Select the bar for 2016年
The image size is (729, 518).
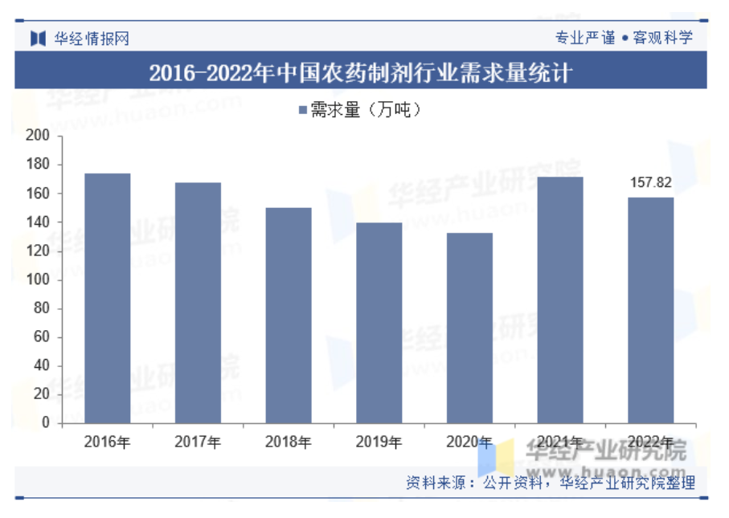[108, 298]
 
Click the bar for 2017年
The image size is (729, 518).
[198, 303]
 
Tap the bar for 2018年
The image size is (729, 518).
[289, 315]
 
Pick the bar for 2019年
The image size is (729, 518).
[379, 322]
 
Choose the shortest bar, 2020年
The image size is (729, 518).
[469, 328]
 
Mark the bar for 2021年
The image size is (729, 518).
[560, 300]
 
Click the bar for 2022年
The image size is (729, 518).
[650, 310]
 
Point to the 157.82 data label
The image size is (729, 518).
[650, 183]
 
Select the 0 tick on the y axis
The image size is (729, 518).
[46, 422]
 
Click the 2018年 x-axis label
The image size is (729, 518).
[289, 442]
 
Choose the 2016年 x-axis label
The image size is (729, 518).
[108, 442]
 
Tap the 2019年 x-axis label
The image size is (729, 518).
[379, 442]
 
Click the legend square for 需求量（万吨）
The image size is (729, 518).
[302, 111]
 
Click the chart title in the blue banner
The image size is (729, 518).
[361, 74]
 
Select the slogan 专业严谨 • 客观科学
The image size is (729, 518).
[624, 38]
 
